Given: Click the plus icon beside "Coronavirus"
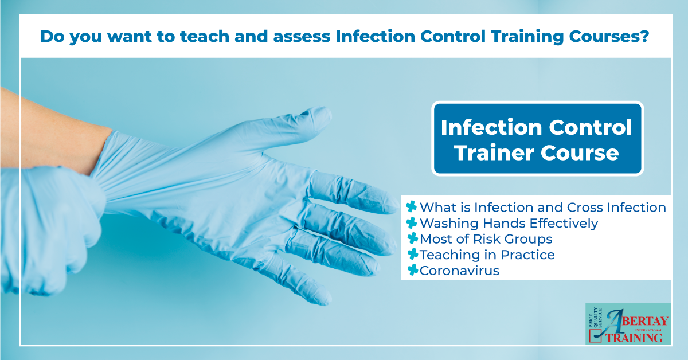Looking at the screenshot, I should click(x=411, y=271).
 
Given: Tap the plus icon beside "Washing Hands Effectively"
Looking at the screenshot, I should click(x=411, y=223).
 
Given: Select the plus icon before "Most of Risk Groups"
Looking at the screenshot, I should click(x=411, y=238).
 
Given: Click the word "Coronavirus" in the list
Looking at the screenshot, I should click(x=460, y=271).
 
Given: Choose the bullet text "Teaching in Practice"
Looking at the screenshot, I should click(x=487, y=255).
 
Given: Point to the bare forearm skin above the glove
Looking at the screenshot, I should click(x=46, y=126).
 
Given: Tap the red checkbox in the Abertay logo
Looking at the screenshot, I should click(x=596, y=338).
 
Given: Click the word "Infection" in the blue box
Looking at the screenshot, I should click(x=487, y=127).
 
